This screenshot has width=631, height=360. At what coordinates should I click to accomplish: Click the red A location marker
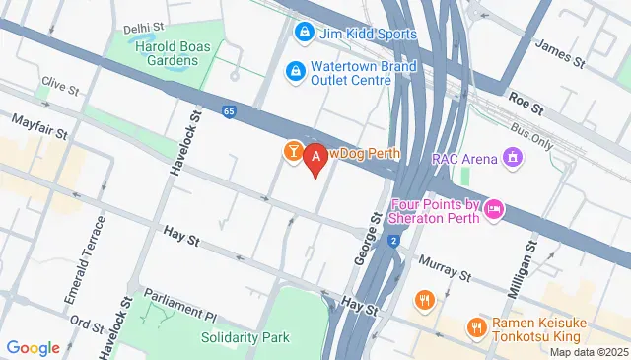point(315,156)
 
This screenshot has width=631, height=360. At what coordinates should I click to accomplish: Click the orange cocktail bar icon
point(293,151)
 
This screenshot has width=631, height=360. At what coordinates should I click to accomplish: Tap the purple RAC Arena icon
point(512,157)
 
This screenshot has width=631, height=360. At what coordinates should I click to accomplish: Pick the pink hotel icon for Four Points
point(495,209)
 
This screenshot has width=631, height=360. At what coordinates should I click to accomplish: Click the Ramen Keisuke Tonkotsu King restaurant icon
point(476,326)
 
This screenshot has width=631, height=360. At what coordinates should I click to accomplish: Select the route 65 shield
point(229,111)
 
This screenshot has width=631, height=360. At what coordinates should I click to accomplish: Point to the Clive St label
point(61,87)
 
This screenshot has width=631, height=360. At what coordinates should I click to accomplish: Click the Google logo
point(33,347)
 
